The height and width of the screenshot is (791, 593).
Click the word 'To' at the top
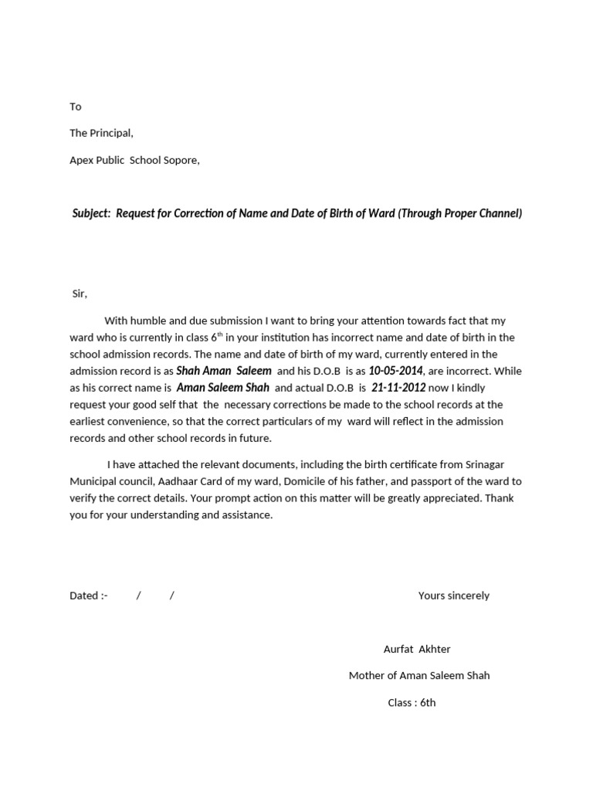(75, 107)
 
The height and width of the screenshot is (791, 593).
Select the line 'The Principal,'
(101, 133)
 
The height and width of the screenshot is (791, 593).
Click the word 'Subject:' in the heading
(91, 213)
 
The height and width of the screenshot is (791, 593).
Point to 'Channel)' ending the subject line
(500, 213)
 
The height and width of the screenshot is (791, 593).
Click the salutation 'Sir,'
(80, 294)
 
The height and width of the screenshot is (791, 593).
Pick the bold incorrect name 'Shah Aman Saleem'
(224, 371)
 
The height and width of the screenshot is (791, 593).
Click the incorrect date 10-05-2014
(395, 371)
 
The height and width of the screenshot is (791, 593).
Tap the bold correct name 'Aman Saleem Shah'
(223, 388)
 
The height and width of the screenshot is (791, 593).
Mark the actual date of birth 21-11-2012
(398, 388)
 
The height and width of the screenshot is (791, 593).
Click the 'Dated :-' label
(89, 596)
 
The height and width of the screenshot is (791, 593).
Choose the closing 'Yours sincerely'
(453, 596)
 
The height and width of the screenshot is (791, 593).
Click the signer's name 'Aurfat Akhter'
(416, 649)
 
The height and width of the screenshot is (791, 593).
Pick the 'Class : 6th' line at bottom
(412, 702)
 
